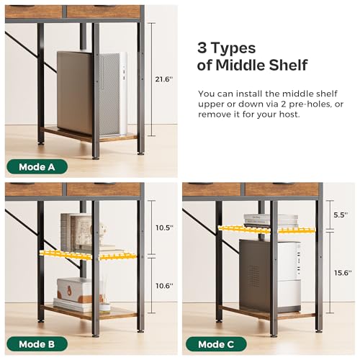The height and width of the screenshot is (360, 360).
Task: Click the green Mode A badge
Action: pyautogui.click(x=37, y=167)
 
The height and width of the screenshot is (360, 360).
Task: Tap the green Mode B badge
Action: pyautogui.click(x=37, y=344)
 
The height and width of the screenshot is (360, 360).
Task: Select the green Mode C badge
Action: pyautogui.click(x=216, y=344)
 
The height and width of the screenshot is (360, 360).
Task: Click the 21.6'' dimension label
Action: pyautogui.click(x=164, y=79)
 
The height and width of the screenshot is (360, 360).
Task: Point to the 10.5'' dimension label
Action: pyautogui.click(x=164, y=228)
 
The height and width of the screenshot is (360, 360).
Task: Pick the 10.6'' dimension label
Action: pyautogui.click(x=164, y=286)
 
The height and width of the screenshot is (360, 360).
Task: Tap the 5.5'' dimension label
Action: pyautogui.click(x=341, y=215)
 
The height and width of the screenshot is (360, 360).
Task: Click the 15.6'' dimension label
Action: pyautogui.click(x=343, y=273)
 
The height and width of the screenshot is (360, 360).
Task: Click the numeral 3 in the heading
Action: pyautogui.click(x=202, y=48)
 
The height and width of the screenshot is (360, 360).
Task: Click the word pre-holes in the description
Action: pyautogui.click(x=310, y=104)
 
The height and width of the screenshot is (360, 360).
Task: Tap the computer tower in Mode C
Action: pyautogui.click(x=270, y=276)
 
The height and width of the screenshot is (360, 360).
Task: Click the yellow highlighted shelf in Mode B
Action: pyautogui.click(x=88, y=255)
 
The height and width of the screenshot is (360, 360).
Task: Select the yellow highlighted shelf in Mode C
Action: pyautogui.click(x=266, y=230)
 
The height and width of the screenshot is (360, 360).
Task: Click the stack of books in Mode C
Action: pyautogui.click(x=271, y=220)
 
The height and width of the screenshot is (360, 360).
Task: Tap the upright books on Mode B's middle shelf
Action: pyautogui.click(x=76, y=232)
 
